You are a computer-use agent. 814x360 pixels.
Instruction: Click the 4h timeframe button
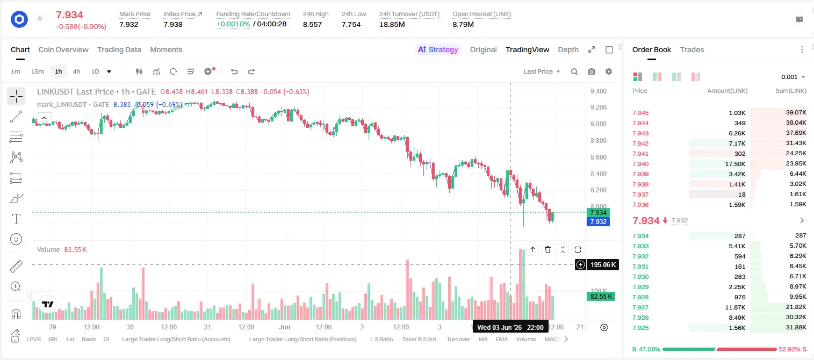pos(76,71)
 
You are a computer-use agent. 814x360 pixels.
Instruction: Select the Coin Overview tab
pos(63,50)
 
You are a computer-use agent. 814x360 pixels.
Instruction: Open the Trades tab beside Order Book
pos(692,50)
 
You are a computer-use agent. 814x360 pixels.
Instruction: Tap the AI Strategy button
pos(438,50)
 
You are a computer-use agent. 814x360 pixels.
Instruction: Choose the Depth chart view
pos(568,50)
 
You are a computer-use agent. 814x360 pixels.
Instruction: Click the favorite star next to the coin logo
pos(40,18)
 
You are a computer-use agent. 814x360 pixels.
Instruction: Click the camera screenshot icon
pos(592,71)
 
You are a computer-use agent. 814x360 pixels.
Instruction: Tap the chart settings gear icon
pos(609,71)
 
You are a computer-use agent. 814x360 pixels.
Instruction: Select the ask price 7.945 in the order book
pos(640,113)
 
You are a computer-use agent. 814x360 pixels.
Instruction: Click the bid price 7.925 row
pos(640,328)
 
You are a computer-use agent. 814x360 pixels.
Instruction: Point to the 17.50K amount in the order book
pos(735,164)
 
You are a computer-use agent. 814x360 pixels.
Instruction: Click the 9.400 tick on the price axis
pos(598,91)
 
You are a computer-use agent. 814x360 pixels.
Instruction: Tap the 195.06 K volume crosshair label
pos(603,265)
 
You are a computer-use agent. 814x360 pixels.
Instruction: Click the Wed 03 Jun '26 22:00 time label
pos(510,328)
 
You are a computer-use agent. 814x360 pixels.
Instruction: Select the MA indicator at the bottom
pos(483,339)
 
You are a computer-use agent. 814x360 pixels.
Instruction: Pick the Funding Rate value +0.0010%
pos(233,24)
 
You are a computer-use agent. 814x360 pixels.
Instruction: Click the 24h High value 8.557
pos(312,24)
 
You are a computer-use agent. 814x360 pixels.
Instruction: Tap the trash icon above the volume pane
pos(548,249)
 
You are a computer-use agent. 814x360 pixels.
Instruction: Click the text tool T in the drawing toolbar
pos(16,219)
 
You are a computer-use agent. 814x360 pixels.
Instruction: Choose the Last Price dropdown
pos(542,71)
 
